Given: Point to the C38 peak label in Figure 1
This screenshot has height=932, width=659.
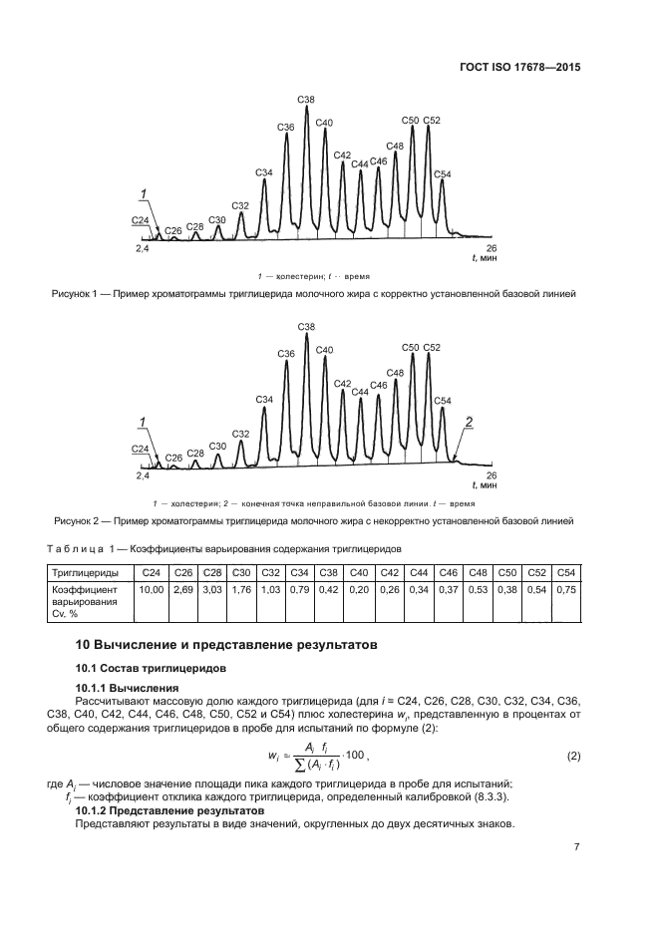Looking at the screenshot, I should coord(306,100).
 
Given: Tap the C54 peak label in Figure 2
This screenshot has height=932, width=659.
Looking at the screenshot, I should coord(444,401).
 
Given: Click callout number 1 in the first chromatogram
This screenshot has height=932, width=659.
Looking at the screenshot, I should coord(143,192).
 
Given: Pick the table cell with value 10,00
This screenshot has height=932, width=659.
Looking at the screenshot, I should coord(151,590).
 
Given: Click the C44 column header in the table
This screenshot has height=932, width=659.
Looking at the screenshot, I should coord(419,572).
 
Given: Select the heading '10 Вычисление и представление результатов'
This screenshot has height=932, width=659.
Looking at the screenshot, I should coord(227,644).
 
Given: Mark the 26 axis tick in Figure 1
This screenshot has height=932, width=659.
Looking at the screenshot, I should coord(491,247).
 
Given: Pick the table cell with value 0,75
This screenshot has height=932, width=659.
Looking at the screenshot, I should coord(567,590).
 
